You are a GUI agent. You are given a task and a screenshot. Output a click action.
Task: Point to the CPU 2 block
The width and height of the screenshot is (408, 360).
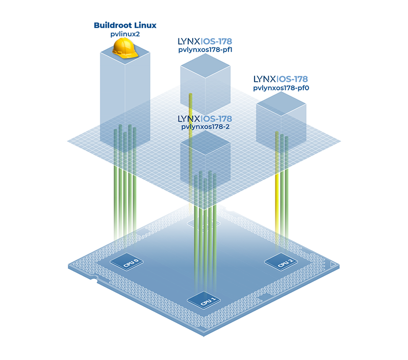coord(281,263)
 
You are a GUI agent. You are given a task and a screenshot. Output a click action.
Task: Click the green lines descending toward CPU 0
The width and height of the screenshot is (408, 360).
coord(125,204)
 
